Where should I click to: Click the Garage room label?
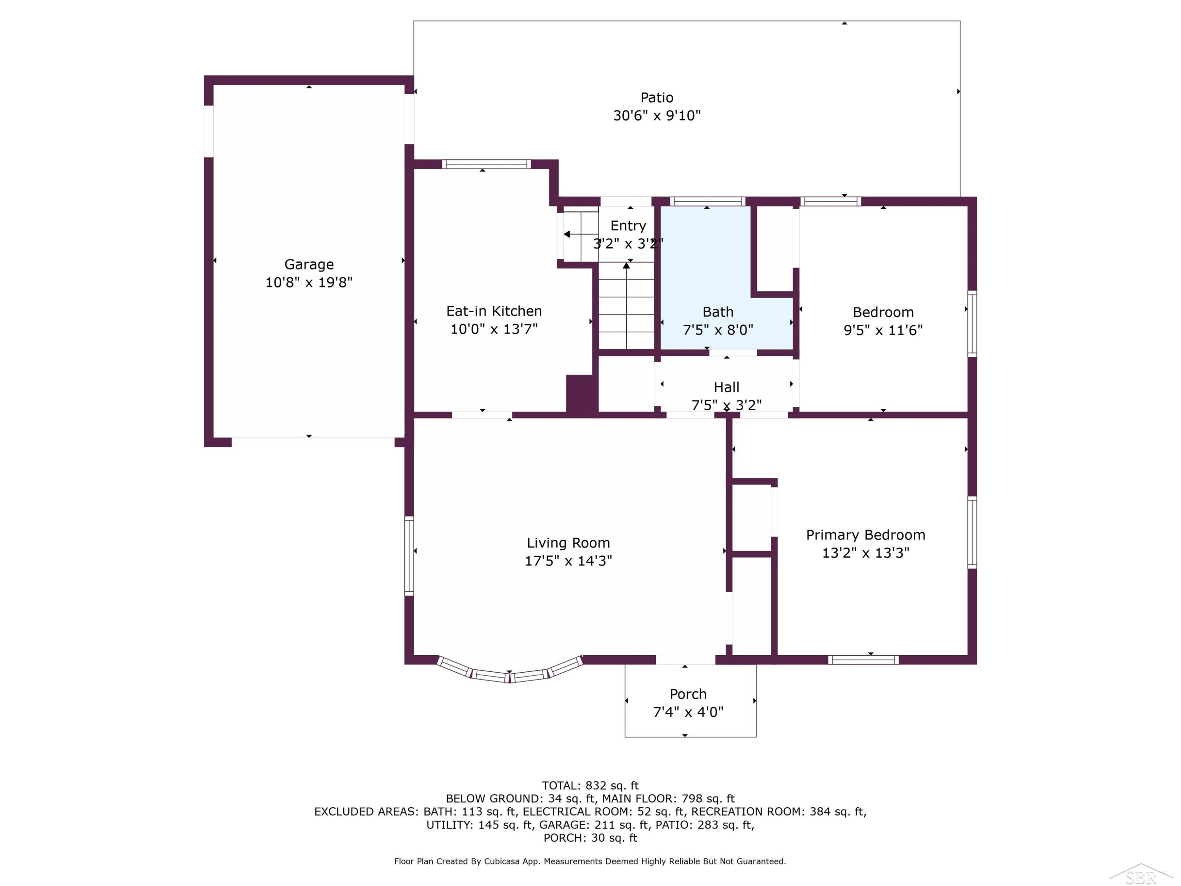coord(309,264)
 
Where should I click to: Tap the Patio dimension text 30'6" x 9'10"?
coord(657,115)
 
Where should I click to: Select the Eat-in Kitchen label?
coord(494,311)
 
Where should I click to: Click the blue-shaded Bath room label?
coord(718,312)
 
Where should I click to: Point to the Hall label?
coord(727,387)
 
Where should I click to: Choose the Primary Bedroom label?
coord(865,535)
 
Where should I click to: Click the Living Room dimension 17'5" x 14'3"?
coord(568,561)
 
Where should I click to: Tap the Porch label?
coord(688,694)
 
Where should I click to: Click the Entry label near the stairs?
coord(628,226)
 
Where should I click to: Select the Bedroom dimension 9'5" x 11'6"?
coord(883,330)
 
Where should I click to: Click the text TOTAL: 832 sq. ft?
coord(590,786)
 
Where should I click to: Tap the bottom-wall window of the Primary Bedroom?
coord(863,660)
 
